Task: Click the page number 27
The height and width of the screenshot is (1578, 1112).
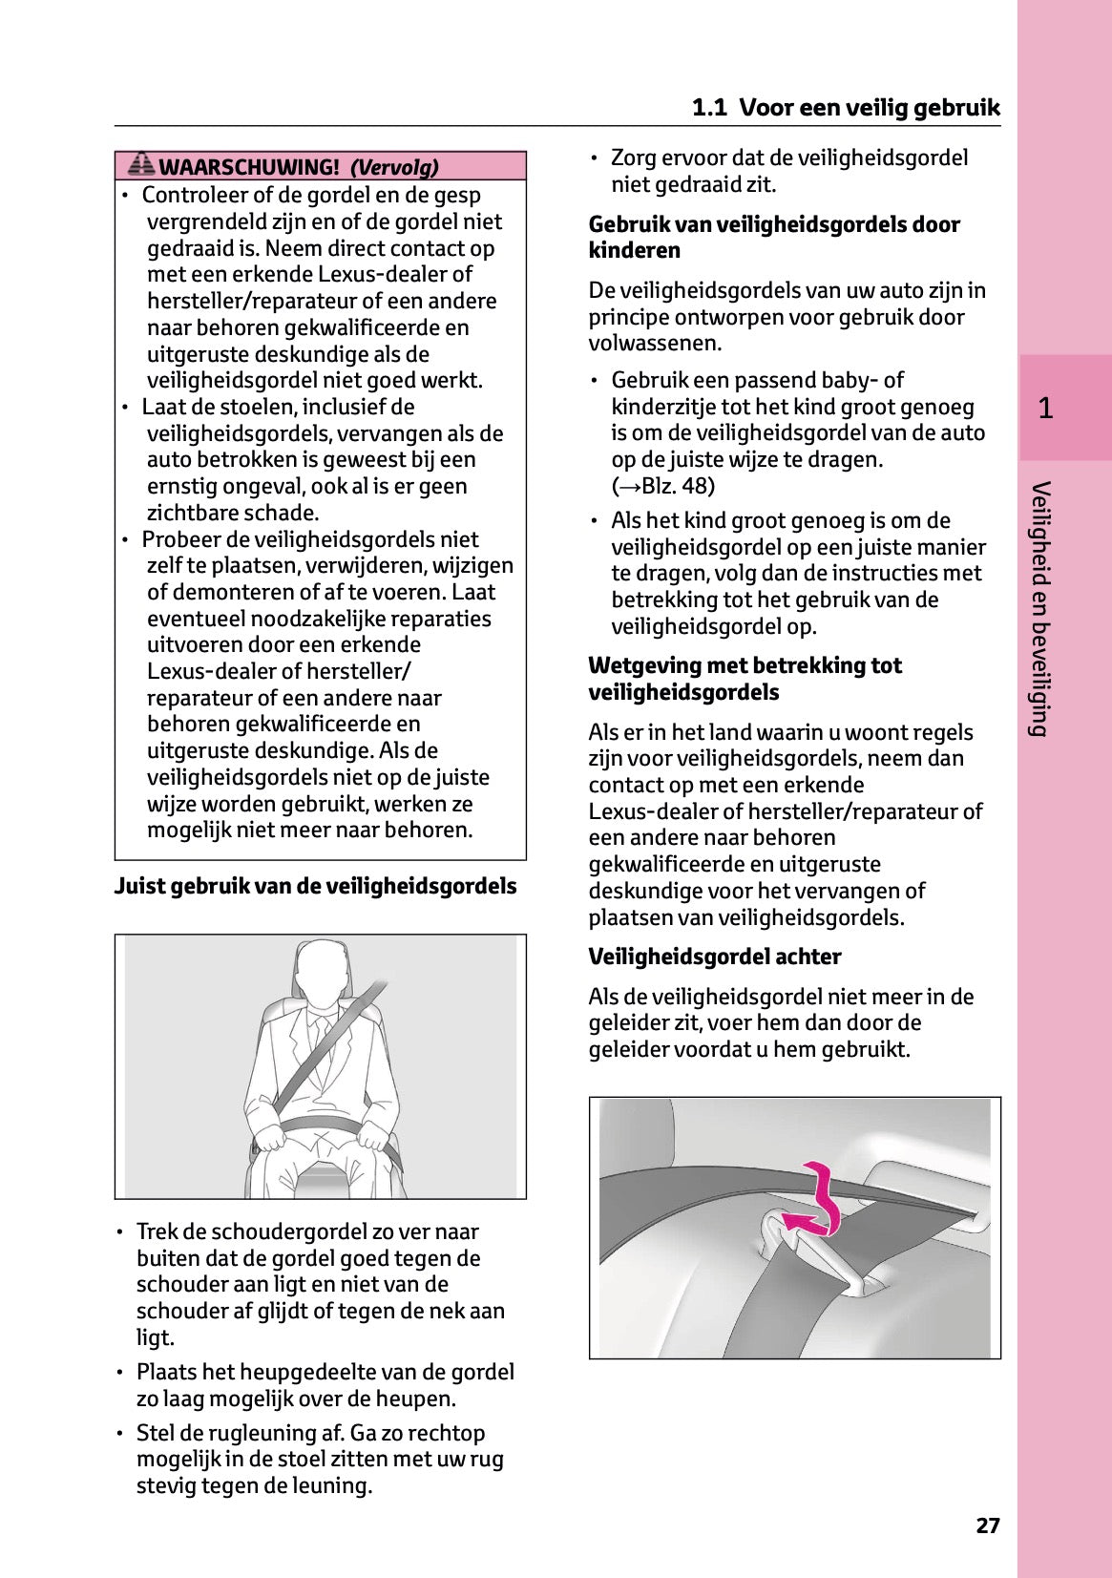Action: pyautogui.click(x=988, y=1525)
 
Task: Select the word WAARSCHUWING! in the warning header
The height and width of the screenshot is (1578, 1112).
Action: pyautogui.click(x=248, y=167)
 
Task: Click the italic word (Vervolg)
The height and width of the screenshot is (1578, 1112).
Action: pyautogui.click(x=394, y=167)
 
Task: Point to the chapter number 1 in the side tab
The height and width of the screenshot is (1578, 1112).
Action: pyautogui.click(x=1045, y=409)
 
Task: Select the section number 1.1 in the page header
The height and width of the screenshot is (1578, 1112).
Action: pyautogui.click(x=709, y=107)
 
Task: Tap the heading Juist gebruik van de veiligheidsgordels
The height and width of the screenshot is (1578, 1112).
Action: pyautogui.click(x=315, y=886)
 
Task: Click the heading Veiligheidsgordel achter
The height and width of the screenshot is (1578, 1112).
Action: pyautogui.click(x=714, y=957)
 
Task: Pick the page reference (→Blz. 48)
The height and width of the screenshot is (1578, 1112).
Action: pyautogui.click(x=663, y=486)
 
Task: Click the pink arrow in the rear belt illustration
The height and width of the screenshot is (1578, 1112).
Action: pyautogui.click(x=816, y=1203)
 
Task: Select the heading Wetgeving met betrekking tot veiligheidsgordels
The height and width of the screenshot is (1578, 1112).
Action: pyautogui.click(x=745, y=679)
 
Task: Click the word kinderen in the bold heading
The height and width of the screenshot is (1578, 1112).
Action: pyautogui.click(x=635, y=250)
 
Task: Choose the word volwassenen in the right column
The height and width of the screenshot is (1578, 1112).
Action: pyautogui.click(x=655, y=343)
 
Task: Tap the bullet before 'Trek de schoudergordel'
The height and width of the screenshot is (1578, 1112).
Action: pyautogui.click(x=119, y=1232)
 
